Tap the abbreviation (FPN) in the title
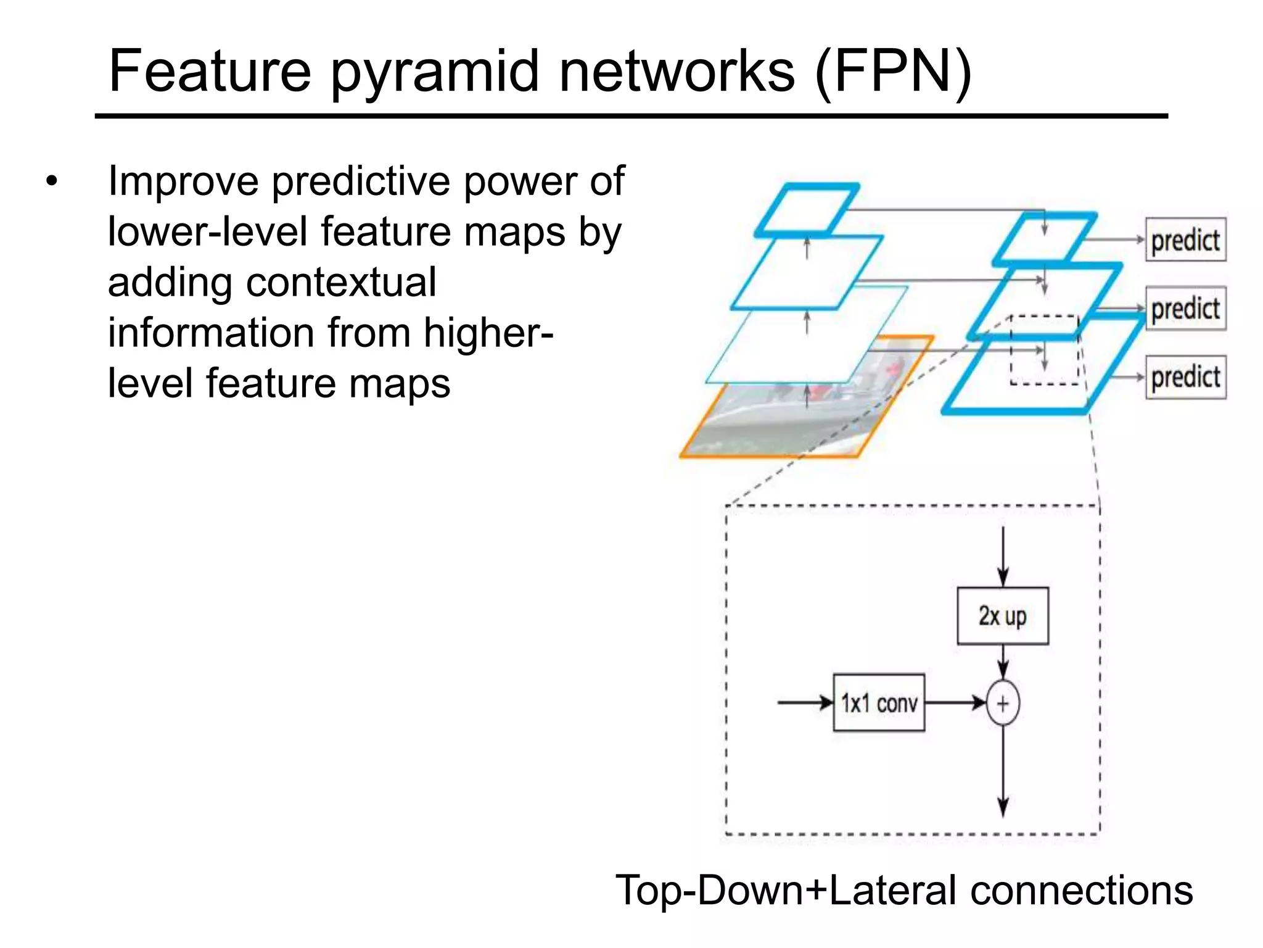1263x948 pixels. click(893, 72)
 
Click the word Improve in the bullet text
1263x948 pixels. click(183, 183)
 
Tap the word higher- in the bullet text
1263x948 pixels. click(488, 333)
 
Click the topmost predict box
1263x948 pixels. click(1185, 240)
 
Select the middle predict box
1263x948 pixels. click(1185, 309)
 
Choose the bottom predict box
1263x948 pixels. click(1185, 377)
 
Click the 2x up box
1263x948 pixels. click(1002, 616)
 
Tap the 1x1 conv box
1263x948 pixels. click(879, 703)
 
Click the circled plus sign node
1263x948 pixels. click(1003, 703)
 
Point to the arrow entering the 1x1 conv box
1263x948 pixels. click(805, 702)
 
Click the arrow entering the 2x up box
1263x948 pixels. click(1003, 555)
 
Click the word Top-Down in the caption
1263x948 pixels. click(715, 891)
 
